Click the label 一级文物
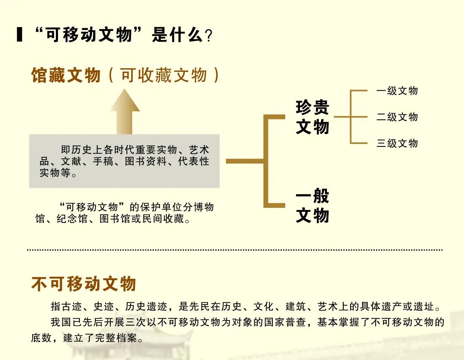397,91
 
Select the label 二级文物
397,117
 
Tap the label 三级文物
397,143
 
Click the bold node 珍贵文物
312,117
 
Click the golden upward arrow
125,112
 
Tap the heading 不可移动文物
84,284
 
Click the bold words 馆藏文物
66,75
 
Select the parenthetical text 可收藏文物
164,75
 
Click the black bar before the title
19,34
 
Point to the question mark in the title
209,36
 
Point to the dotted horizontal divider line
235,249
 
